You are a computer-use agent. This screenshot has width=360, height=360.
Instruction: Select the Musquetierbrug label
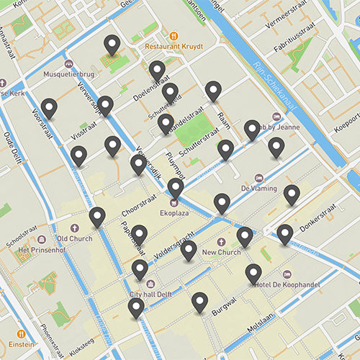click(x=70, y=73)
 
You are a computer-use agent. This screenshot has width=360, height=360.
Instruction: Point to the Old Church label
click(x=73, y=238)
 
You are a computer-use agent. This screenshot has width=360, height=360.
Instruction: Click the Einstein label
click(x=22, y=345)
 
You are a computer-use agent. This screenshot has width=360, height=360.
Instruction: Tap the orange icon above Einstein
click(x=21, y=334)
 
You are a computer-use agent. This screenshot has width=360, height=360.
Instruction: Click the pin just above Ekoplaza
click(x=176, y=189)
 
